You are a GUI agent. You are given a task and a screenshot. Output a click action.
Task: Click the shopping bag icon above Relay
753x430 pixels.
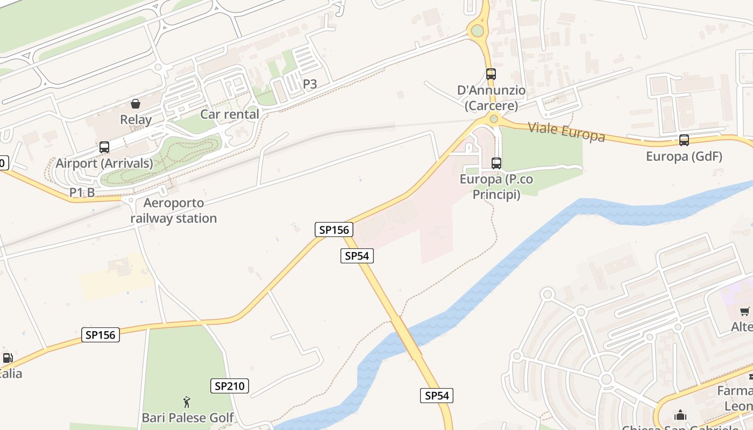[x=136, y=103]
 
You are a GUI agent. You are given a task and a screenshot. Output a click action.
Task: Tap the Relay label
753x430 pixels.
[x=136, y=119]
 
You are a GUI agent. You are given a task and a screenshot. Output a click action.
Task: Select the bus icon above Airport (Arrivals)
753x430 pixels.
[x=104, y=147]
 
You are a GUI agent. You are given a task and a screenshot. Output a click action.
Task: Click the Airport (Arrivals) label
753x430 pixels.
[x=104, y=163]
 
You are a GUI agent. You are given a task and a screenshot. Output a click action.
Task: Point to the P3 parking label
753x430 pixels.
[x=310, y=84]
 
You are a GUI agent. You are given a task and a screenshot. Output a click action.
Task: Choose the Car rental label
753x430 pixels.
[x=230, y=114]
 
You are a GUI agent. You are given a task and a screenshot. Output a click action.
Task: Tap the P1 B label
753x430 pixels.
[x=82, y=192]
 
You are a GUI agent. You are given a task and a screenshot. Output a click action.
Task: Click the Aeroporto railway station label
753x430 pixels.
[x=173, y=211]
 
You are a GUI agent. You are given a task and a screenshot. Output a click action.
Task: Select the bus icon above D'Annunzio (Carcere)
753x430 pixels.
[x=491, y=74]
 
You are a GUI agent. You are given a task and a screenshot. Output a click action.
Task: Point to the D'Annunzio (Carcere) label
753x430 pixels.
[x=492, y=98]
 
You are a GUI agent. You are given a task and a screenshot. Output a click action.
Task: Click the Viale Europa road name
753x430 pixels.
[x=566, y=132]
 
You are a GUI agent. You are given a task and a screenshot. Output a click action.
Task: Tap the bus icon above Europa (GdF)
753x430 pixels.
[x=684, y=140]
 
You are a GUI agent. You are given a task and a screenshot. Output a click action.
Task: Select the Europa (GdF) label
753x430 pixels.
[x=684, y=156]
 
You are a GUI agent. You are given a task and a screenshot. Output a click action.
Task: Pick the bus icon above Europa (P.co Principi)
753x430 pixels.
[x=496, y=163]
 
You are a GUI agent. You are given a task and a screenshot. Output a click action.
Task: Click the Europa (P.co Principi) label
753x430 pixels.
[x=496, y=187]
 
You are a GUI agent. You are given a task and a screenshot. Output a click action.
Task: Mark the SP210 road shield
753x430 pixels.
[x=229, y=385]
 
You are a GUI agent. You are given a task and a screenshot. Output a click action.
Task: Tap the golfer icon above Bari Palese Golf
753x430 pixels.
[x=187, y=402]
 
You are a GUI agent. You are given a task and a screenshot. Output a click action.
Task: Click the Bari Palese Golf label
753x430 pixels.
[x=188, y=418]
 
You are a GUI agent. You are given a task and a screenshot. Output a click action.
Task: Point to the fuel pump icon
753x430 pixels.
[x=8, y=358]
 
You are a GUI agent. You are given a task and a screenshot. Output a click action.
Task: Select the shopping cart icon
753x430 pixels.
[x=745, y=311]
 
